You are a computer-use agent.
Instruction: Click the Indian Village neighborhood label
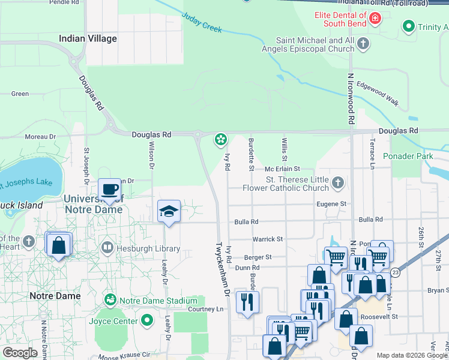[x=88, y=38]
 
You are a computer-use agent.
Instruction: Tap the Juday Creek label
[x=201, y=22]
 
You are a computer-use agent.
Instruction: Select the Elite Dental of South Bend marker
[x=375, y=19]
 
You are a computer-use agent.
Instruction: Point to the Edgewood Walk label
[x=378, y=94]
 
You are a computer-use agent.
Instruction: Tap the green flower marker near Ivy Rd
[x=221, y=140]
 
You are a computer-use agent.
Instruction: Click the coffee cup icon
[x=109, y=190]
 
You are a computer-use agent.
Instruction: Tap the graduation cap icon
[x=169, y=211]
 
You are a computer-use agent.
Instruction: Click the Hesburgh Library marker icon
[x=107, y=247]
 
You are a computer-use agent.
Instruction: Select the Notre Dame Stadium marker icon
[x=110, y=299]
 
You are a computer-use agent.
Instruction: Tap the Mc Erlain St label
[x=282, y=170]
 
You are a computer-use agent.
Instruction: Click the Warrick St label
[x=267, y=239]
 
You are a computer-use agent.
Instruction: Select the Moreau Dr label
[x=40, y=137]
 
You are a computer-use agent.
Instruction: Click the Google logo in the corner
[x=20, y=352]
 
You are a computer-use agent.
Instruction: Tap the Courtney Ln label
[x=205, y=309]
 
